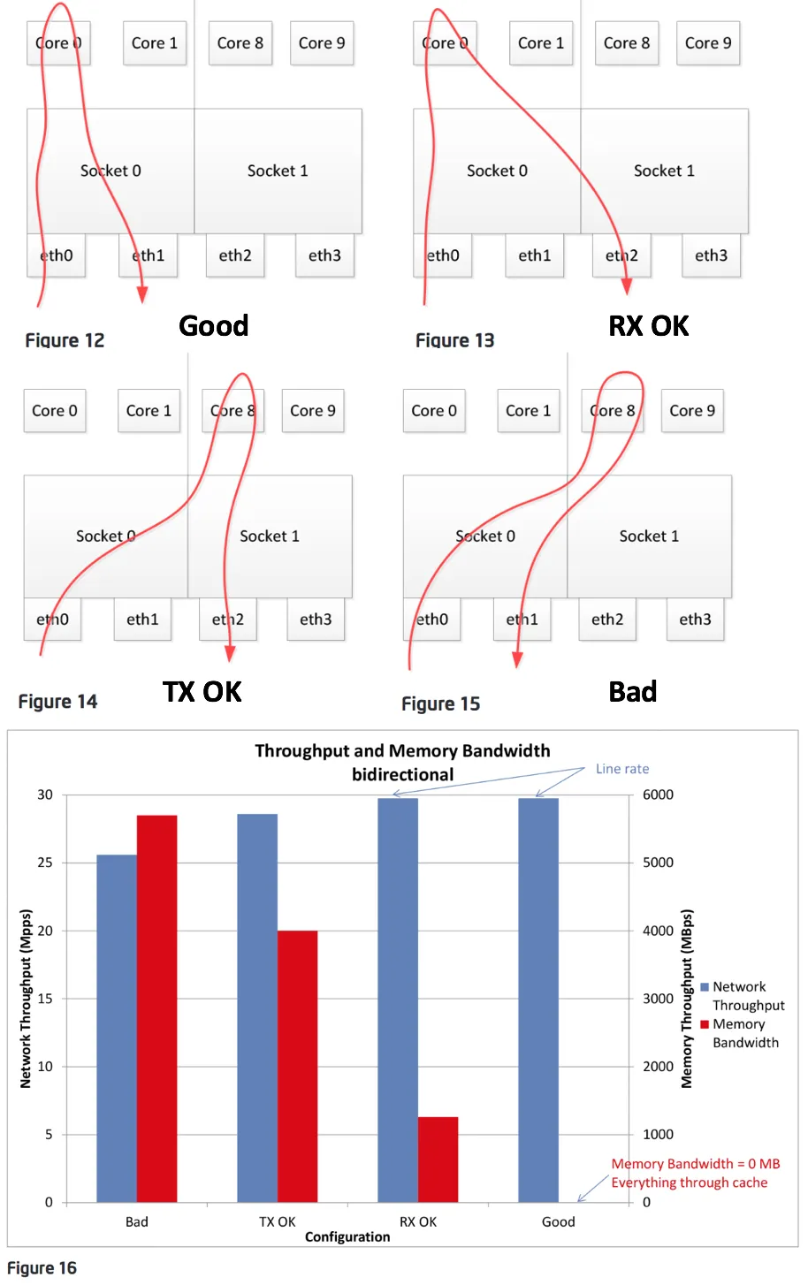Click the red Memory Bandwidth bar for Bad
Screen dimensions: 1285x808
pos(156,1007)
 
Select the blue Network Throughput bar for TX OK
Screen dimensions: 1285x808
pos(257,1007)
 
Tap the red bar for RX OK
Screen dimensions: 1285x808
pos(438,1160)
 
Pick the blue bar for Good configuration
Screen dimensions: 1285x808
pos(538,1000)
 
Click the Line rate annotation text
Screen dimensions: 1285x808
pos(621,769)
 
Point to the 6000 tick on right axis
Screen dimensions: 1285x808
pos(658,795)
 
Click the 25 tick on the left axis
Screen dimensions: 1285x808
pos(45,863)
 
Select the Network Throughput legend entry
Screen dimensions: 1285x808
pos(747,996)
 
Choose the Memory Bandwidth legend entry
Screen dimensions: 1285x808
pos(744,1033)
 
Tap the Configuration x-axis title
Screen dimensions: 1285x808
pos(347,1236)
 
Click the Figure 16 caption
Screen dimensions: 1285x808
pos(42,1268)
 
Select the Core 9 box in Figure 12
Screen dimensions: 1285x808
pos(322,43)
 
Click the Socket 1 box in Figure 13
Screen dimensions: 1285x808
pos(664,171)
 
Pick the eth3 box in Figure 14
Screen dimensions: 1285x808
pos(316,620)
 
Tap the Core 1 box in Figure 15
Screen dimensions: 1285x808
pos(528,411)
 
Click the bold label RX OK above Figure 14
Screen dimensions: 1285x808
pos(648,326)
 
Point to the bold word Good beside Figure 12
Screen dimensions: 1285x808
pos(213,326)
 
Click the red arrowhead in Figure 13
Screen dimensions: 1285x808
pos(627,286)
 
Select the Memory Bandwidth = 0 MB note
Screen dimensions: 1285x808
pos(695,1164)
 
